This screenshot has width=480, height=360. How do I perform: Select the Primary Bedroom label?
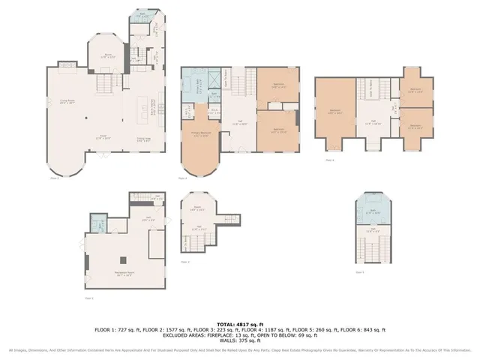(x=200, y=134)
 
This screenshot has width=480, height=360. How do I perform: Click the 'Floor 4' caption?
(x=182, y=178)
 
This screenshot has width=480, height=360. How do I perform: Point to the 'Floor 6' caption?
(x=328, y=160)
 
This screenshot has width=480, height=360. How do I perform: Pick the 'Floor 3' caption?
(x=184, y=262)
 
